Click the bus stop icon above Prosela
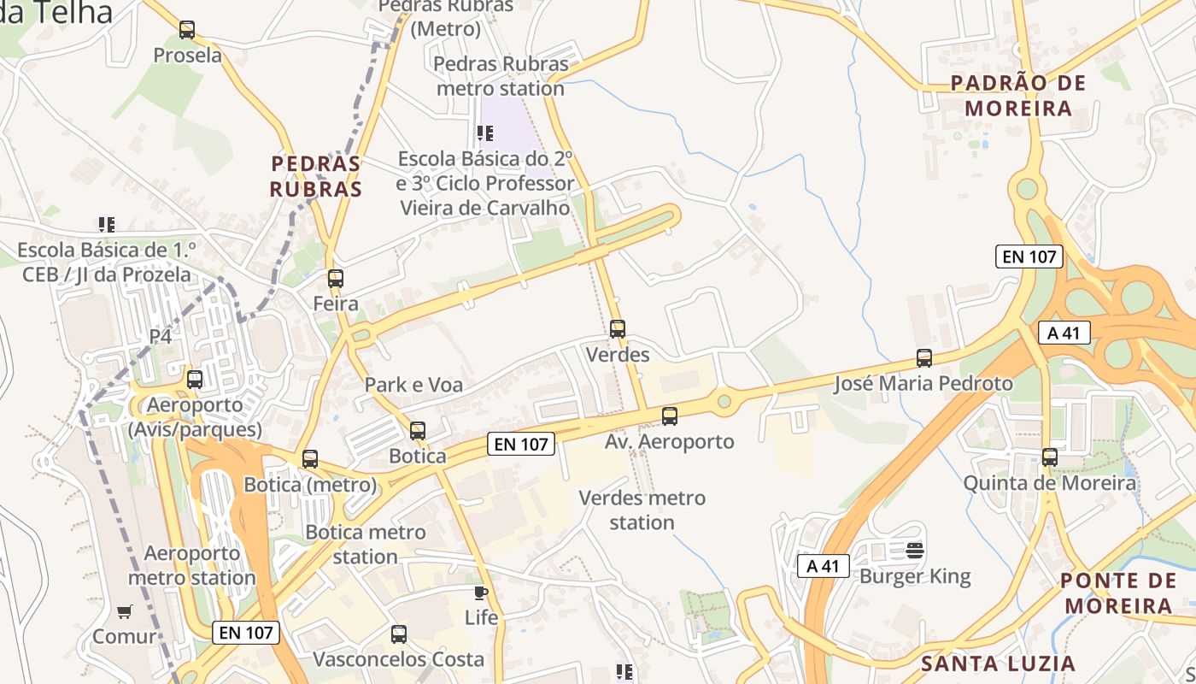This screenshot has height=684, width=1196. point(187,30)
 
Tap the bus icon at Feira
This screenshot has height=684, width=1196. point(336,278)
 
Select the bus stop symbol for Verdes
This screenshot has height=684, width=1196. point(618,329)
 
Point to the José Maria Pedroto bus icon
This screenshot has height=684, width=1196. point(924,358)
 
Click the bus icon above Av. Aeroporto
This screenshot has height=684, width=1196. point(670,416)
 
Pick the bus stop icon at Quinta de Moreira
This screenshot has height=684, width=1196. point(1050,457)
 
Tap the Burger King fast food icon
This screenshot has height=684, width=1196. point(915,550)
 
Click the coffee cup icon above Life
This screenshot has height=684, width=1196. point(481,592)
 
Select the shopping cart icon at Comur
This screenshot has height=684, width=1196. point(125,611)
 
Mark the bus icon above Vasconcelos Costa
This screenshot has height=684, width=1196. point(399,634)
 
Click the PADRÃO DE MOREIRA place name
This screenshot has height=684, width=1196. point(1018,96)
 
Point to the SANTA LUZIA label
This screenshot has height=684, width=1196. point(998,663)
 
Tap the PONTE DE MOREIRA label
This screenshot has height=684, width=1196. point(1117,593)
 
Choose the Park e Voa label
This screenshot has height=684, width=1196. point(413,385)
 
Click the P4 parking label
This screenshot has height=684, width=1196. point(161,337)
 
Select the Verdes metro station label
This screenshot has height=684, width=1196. point(642,510)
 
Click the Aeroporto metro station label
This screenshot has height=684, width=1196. point(191,565)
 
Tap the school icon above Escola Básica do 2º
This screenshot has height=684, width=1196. point(485,133)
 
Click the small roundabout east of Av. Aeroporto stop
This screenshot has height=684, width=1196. point(724,400)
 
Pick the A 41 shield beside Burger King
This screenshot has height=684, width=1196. point(823,566)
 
